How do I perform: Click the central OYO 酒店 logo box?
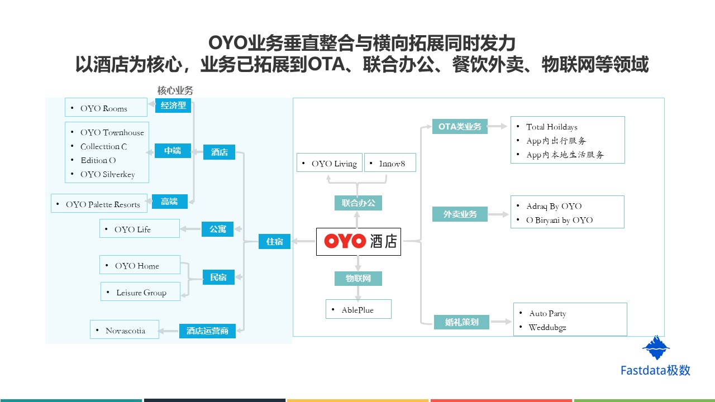click(359, 241)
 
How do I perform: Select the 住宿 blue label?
click(274, 242)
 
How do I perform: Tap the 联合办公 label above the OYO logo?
click(358, 203)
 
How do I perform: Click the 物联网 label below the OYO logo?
click(358, 278)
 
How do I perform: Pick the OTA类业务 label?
click(460, 127)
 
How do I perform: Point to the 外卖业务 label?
click(460, 214)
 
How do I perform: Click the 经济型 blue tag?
click(173, 106)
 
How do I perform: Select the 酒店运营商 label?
click(207, 331)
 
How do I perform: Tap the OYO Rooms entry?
click(104, 108)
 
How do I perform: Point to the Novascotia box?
click(125, 331)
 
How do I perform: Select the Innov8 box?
click(390, 164)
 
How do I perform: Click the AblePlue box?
click(358, 310)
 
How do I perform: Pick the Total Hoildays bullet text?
click(552, 127)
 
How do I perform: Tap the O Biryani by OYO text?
click(559, 220)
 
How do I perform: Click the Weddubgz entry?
click(547, 327)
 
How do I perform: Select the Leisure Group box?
click(141, 293)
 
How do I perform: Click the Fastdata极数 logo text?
click(655, 370)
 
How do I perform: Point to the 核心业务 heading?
click(175, 90)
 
